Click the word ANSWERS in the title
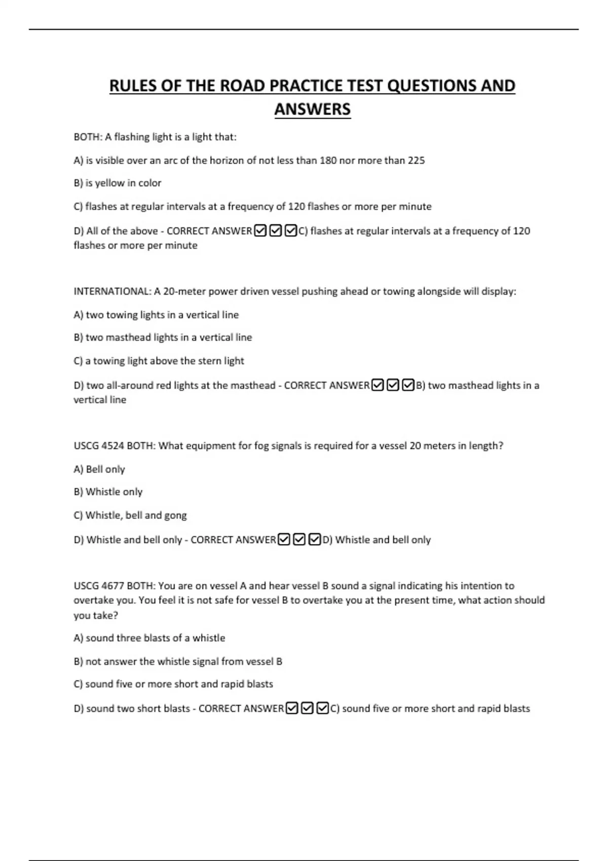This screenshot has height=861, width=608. [x=312, y=109]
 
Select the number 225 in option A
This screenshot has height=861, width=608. [x=416, y=161]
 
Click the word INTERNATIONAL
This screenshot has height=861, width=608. [x=112, y=291]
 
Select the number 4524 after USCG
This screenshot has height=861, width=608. [x=113, y=446]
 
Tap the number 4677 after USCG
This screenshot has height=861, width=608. [x=113, y=586]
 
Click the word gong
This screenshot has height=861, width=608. [x=175, y=515]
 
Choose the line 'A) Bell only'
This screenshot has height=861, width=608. [x=99, y=469]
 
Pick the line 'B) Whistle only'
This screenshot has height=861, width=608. [x=108, y=492]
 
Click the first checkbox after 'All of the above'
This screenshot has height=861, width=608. [x=260, y=231]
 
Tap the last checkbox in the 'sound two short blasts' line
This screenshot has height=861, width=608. [x=322, y=708]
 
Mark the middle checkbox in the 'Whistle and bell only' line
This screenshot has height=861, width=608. [x=299, y=539]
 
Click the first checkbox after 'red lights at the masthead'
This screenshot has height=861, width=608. [x=377, y=385]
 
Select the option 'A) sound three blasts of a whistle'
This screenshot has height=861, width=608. [x=149, y=638]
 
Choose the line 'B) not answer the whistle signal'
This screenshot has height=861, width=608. [x=178, y=661]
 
